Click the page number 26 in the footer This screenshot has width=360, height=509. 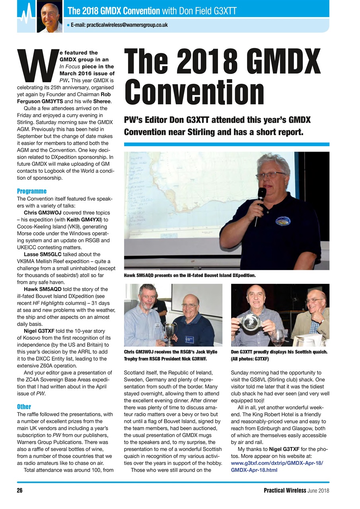(19, 490)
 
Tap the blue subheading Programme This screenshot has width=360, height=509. (32, 191)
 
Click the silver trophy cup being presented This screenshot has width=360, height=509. (171, 330)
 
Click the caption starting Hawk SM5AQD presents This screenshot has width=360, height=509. (189, 275)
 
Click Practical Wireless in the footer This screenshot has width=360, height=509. (284, 490)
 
